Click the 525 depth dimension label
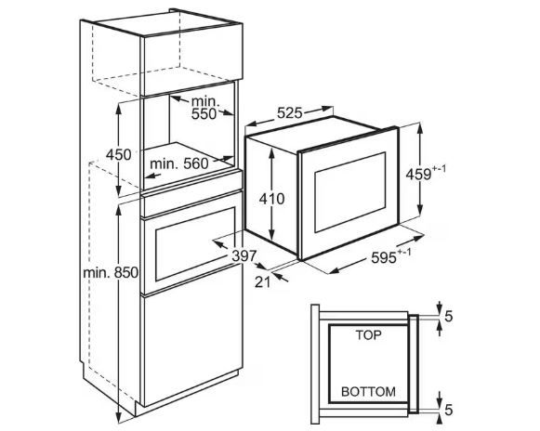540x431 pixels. point(290,112)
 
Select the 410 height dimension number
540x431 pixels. point(272,199)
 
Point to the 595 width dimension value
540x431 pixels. point(384,257)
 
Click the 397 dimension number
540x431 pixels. point(244,255)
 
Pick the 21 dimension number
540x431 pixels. point(263,282)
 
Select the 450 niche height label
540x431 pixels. point(118,154)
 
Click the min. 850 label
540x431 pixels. point(111,273)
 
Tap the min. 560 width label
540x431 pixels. point(179,163)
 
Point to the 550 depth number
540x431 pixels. point(204,113)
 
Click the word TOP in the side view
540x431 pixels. point(368,335)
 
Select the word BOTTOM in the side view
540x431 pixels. point(368,391)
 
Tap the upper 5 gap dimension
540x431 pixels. point(448,317)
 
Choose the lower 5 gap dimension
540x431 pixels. point(448,410)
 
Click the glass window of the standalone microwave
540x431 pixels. point(350,192)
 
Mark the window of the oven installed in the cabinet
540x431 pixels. point(195,244)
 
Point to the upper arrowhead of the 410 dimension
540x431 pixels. point(272,151)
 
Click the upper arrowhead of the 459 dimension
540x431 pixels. point(420,128)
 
